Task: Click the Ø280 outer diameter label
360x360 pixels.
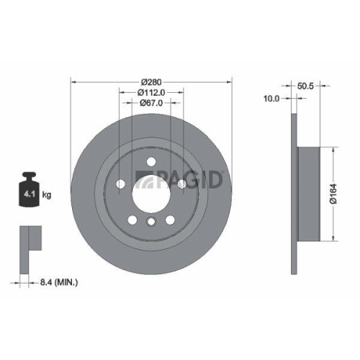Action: tap(150, 81)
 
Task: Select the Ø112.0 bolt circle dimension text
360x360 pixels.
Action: tap(150, 92)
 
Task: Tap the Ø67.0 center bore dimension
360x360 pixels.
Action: tap(150, 103)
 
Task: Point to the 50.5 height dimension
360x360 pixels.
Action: tap(307, 85)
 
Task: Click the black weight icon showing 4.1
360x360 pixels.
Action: tap(30, 191)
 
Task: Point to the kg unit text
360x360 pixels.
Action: tap(48, 195)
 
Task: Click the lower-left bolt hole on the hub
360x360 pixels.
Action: tap(132, 219)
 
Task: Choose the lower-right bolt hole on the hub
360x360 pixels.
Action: tap(169, 219)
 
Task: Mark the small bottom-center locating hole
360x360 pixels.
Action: tap(150, 222)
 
